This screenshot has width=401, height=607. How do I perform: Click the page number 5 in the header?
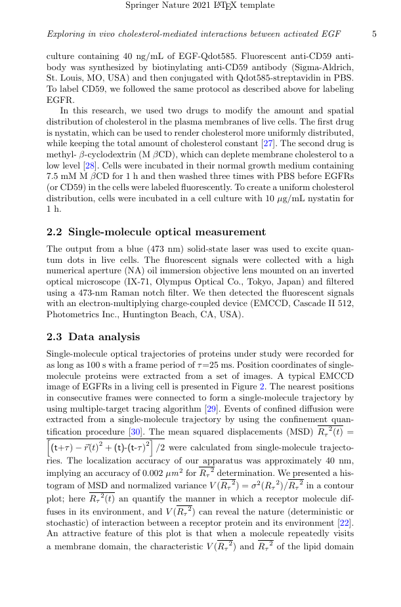pos(374,34)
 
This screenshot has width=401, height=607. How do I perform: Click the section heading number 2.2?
pos(55,232)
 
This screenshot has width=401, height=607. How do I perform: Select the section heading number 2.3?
pos(55,337)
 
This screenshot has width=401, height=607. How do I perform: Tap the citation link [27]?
pos(283,143)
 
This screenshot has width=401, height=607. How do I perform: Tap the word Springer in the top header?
pos(141,6)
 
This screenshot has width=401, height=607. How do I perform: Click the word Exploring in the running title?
pos(66,34)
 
